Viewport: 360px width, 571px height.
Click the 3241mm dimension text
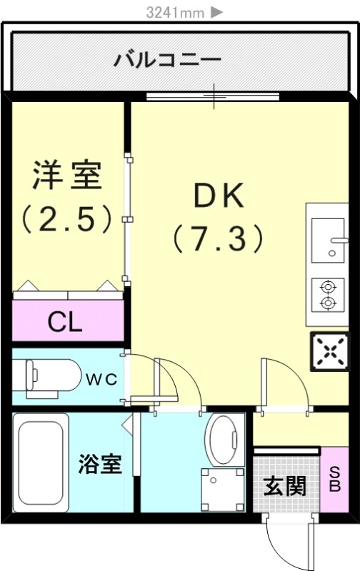coord(175,13)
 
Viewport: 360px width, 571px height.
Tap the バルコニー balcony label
coord(167,59)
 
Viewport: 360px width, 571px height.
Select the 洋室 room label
coord(67,175)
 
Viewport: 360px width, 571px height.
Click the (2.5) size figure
coord(66,219)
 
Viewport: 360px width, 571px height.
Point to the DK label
coord(218,196)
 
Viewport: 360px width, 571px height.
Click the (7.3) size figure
coord(218,238)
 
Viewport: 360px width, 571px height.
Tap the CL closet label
coord(65,322)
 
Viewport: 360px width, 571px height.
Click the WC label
coord(101,380)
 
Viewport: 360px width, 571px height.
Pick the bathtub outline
coord(41,463)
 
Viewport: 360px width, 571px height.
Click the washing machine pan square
coord(223,490)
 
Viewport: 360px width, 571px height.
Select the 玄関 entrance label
coord(284,486)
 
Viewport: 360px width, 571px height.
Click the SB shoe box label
coord(334,480)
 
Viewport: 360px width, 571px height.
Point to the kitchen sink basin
coord(328,241)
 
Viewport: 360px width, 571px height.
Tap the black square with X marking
coord(330,351)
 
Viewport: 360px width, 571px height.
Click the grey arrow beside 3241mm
coord(216,13)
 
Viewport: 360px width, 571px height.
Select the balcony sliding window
coord(213,96)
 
